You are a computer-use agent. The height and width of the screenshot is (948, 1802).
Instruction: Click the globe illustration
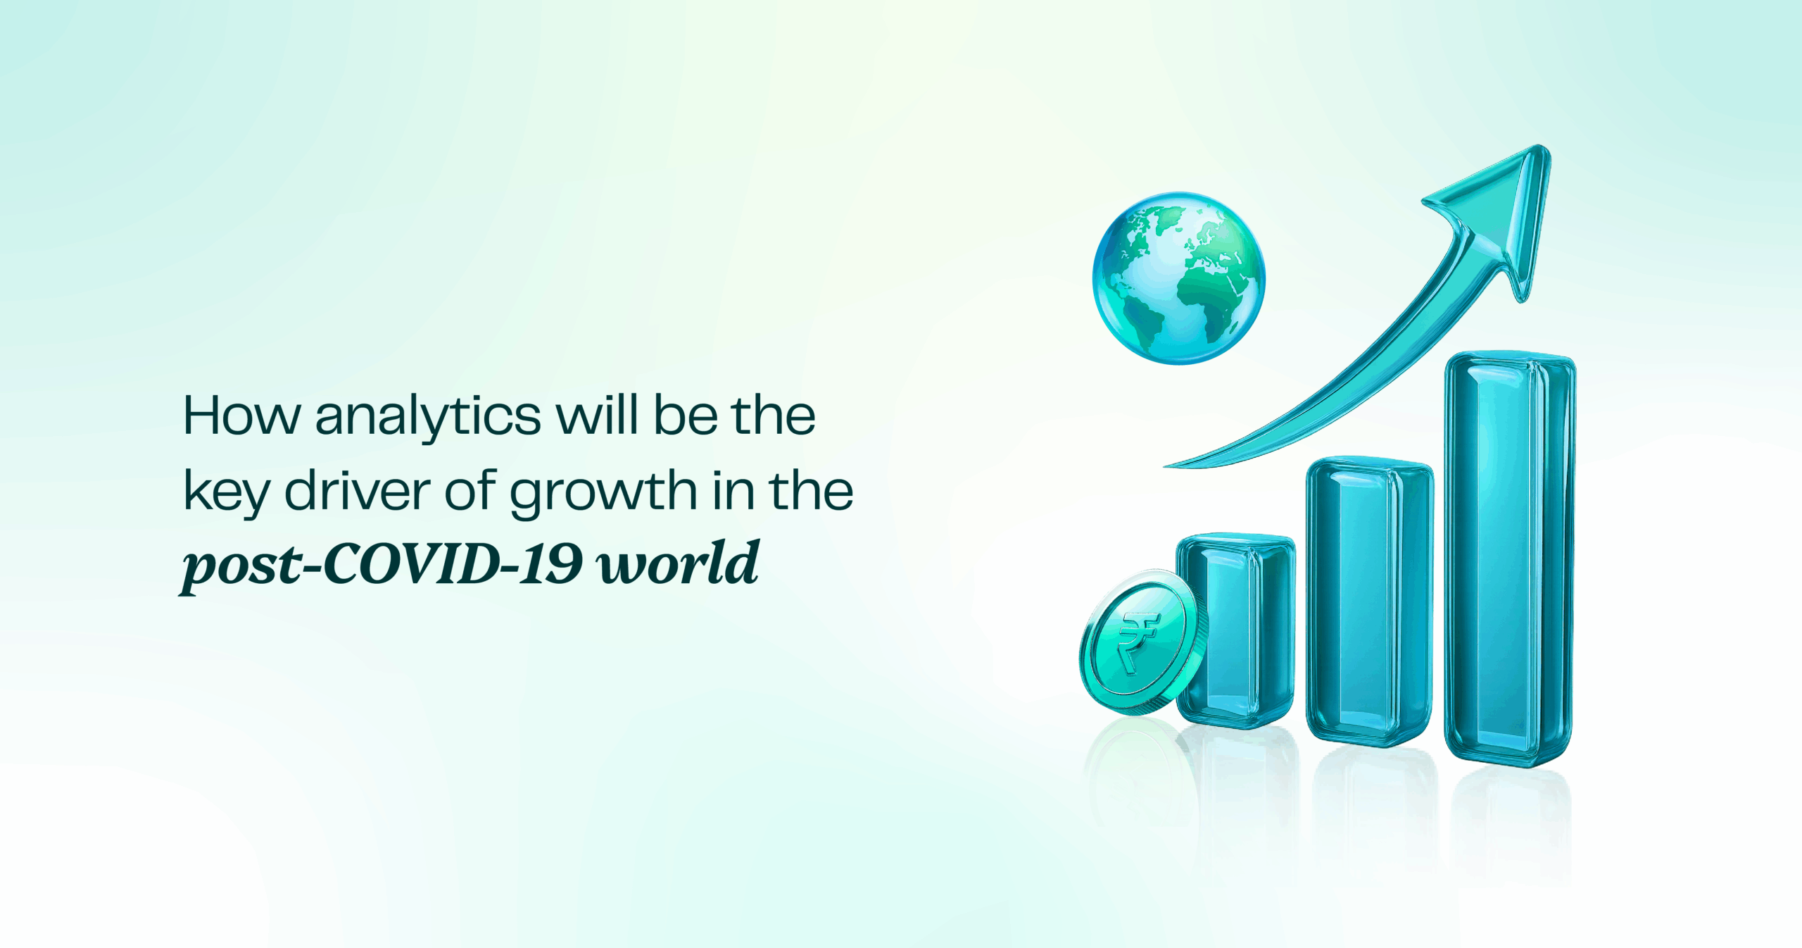1178,278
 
